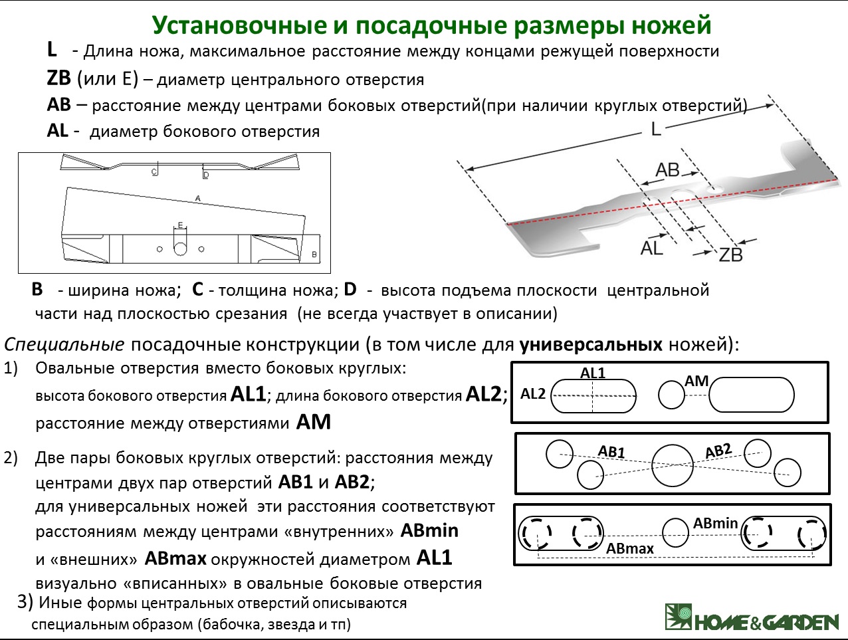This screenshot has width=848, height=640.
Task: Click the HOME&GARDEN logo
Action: (752, 617)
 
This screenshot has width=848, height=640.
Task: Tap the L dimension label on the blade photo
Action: (656, 130)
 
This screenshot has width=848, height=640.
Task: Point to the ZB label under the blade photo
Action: (730, 255)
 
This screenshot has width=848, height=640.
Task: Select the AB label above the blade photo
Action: (668, 170)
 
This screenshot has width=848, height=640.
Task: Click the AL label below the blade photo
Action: (652, 248)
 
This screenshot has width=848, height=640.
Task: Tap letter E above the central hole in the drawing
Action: (180, 225)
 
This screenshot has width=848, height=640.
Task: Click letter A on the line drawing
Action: (198, 198)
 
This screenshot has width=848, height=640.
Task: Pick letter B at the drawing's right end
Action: (314, 255)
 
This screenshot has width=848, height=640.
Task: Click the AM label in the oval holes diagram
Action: (696, 381)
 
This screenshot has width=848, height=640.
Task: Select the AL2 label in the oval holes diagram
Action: (533, 394)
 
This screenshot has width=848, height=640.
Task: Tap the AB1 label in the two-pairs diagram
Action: (611, 451)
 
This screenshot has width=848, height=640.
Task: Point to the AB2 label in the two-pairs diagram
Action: (718, 451)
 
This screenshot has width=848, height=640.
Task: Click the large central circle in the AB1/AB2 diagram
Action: (672, 465)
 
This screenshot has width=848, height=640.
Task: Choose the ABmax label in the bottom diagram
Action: (630, 548)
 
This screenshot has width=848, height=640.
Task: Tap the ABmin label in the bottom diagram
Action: (716, 523)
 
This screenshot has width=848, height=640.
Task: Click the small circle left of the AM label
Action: (671, 395)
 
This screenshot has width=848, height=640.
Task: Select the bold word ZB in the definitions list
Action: (59, 78)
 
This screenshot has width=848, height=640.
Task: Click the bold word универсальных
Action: (591, 344)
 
